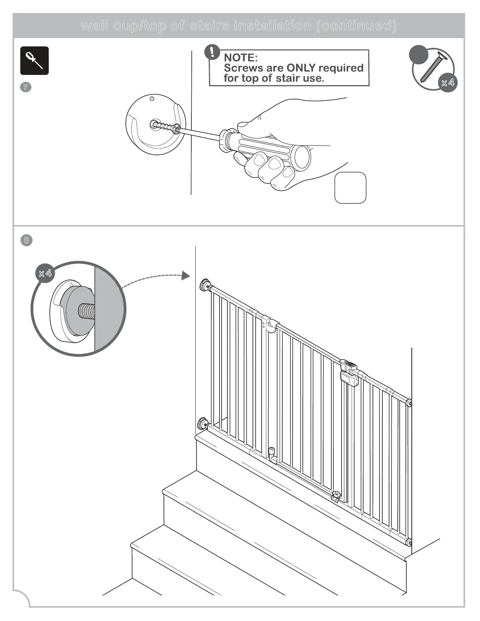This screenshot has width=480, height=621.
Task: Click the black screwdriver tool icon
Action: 35,61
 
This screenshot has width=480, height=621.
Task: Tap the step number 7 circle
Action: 25,87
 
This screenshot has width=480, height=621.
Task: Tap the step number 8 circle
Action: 26,240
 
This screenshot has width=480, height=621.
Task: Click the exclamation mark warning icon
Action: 213,52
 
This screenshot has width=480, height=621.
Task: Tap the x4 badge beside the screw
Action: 447,83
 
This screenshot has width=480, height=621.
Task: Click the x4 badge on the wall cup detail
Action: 45,273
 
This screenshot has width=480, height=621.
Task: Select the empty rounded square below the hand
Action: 350,188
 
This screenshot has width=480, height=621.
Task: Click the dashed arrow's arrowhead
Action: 185,276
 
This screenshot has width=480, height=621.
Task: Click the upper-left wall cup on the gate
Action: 205,285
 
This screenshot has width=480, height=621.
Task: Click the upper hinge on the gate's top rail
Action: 271,324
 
